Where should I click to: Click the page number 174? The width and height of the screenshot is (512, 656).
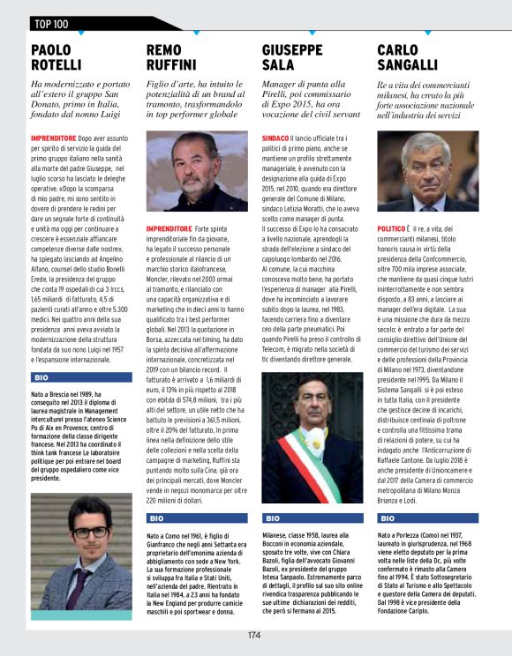click(x=254, y=634)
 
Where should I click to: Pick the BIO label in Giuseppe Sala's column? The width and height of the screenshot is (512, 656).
click(x=273, y=518)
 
